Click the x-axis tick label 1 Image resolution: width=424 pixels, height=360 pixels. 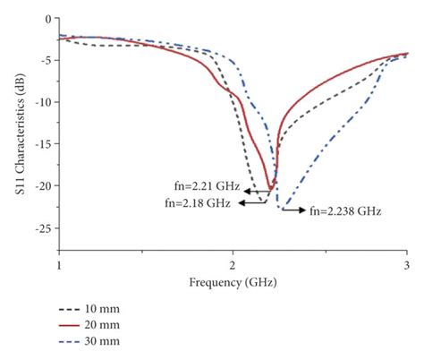59,266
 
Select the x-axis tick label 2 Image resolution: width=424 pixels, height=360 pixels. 233,266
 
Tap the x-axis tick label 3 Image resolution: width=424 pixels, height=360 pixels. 406,266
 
